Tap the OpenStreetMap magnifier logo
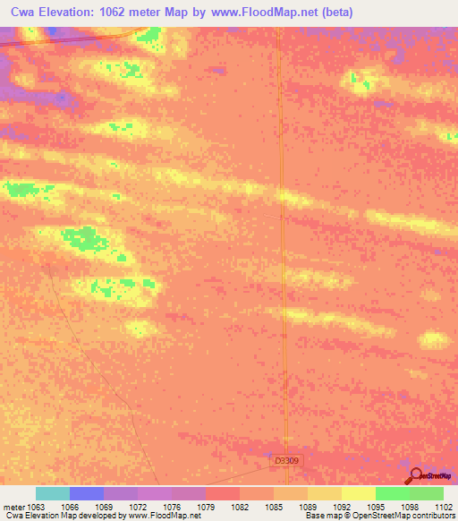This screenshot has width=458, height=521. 416,475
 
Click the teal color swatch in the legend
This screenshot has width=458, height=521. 53,493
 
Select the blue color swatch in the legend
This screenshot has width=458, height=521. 87,493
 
